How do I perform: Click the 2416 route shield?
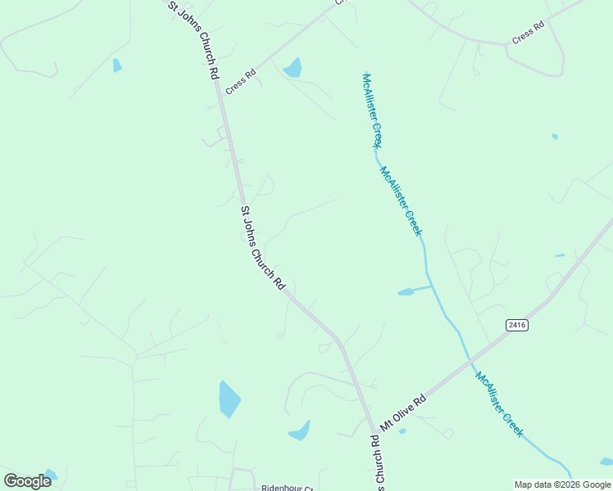(x=516, y=325)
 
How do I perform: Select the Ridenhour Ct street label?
(x=287, y=488)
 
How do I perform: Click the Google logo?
(x=27, y=481)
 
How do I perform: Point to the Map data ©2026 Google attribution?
(x=563, y=484)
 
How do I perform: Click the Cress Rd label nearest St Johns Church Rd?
(x=241, y=81)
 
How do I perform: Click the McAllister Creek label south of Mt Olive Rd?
(x=498, y=404)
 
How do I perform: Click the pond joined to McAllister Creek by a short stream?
(x=406, y=291)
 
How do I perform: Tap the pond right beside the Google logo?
(x=51, y=475)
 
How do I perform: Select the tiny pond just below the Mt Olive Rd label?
(x=402, y=431)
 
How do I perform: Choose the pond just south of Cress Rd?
(x=293, y=68)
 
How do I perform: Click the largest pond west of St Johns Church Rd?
(x=229, y=399)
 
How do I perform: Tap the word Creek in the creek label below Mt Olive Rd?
(x=511, y=424)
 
